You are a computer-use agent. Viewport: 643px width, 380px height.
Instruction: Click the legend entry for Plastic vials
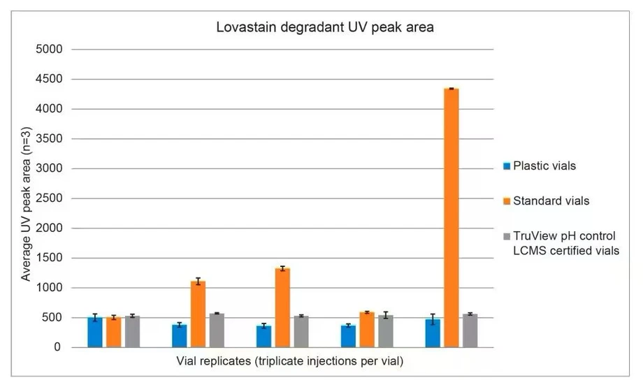(544, 166)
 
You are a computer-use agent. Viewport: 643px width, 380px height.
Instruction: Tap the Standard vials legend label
(551, 201)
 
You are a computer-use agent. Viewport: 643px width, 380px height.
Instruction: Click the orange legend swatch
(507, 201)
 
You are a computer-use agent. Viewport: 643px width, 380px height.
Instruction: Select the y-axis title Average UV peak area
(26, 198)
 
